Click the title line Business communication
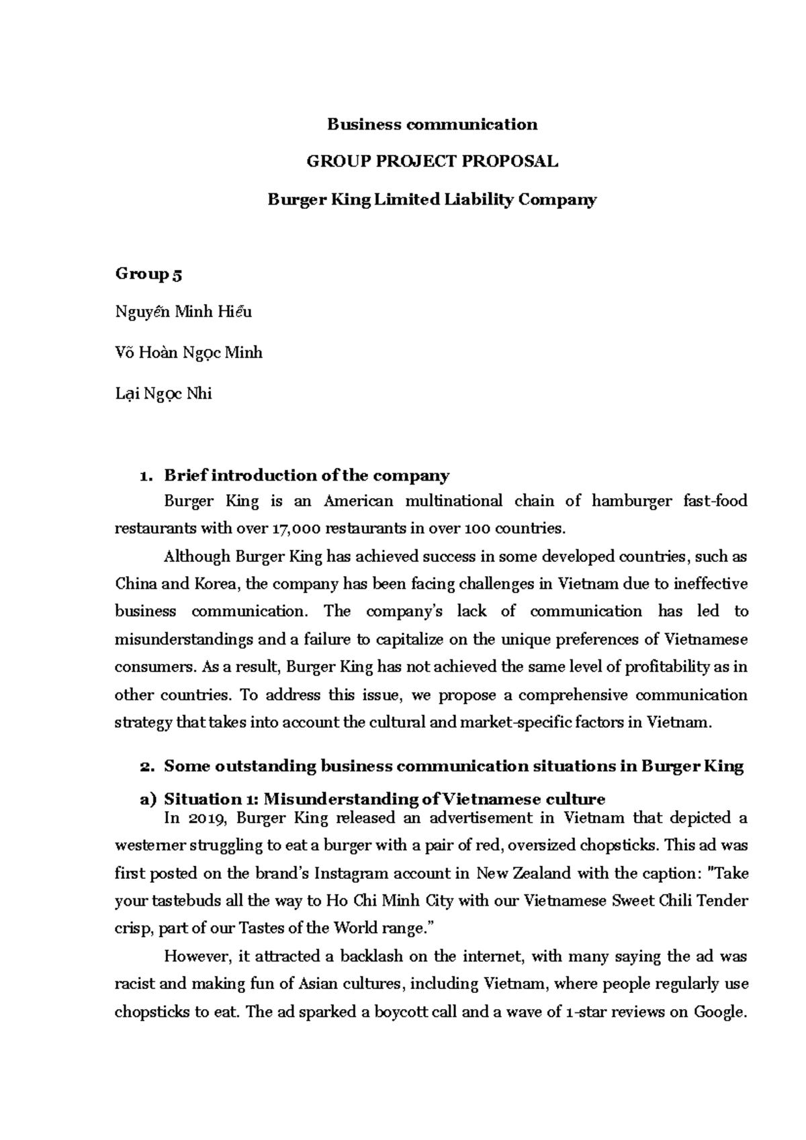pos(432,124)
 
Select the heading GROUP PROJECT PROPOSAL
pos(432,162)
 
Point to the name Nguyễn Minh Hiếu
pos(183,312)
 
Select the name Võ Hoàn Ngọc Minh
pos(189,352)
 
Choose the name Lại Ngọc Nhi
pos(163,393)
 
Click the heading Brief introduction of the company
pos(306,476)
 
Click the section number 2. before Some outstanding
pos(147,766)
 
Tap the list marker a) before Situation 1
pos(147,799)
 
